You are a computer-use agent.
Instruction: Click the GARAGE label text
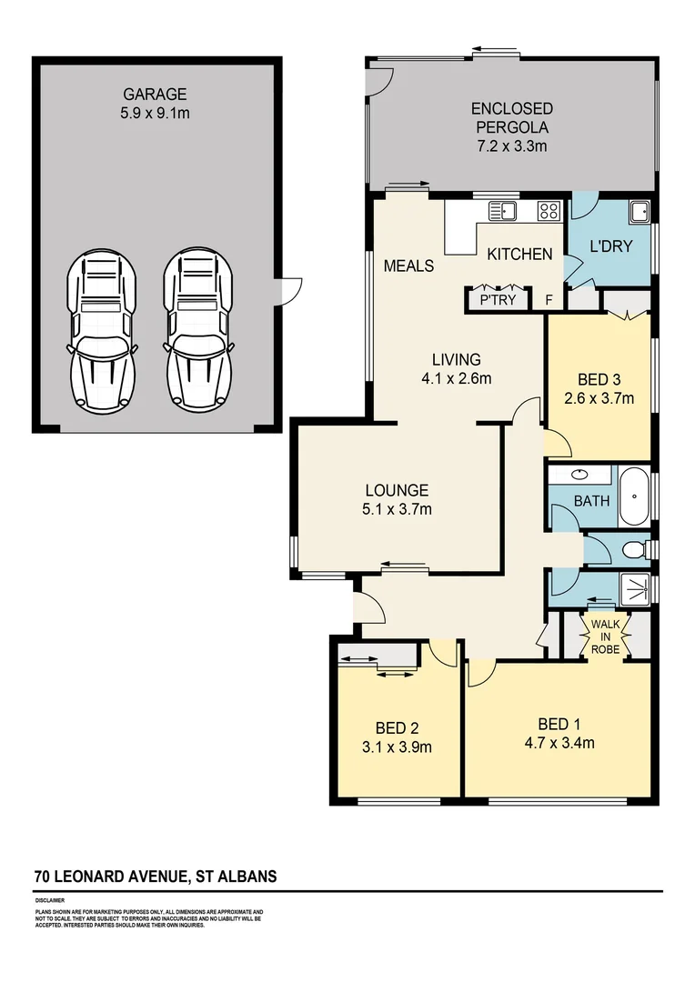point(155,94)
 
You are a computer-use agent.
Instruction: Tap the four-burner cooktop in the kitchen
point(549,212)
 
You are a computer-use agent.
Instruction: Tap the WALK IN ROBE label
point(605,637)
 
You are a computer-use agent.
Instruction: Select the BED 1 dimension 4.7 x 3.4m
point(558,743)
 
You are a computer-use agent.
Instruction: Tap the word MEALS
point(408,266)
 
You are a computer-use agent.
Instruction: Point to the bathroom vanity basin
point(579,475)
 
